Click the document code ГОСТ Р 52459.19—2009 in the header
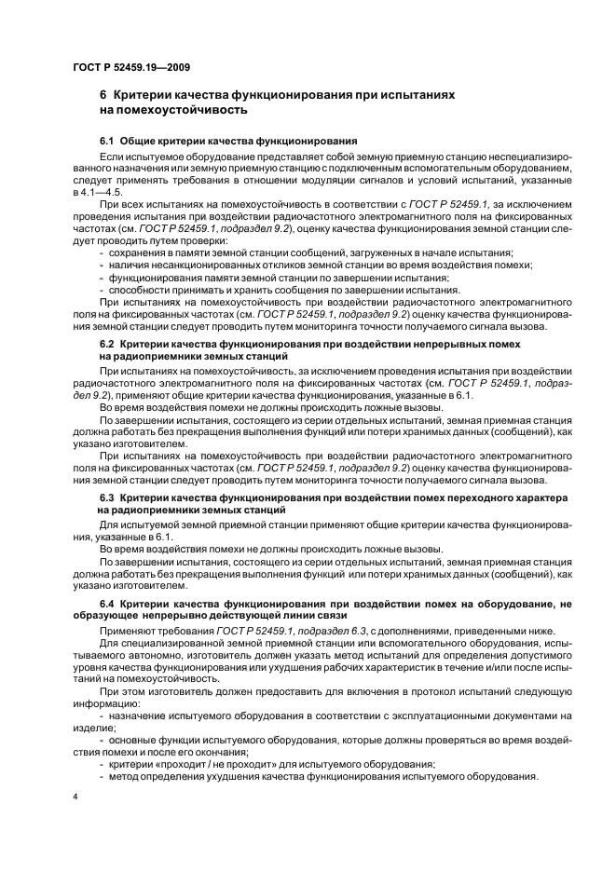click(x=130, y=67)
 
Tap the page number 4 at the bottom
click(x=75, y=797)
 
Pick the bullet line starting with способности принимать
click(x=280, y=290)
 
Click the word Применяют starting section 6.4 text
click(x=127, y=631)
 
